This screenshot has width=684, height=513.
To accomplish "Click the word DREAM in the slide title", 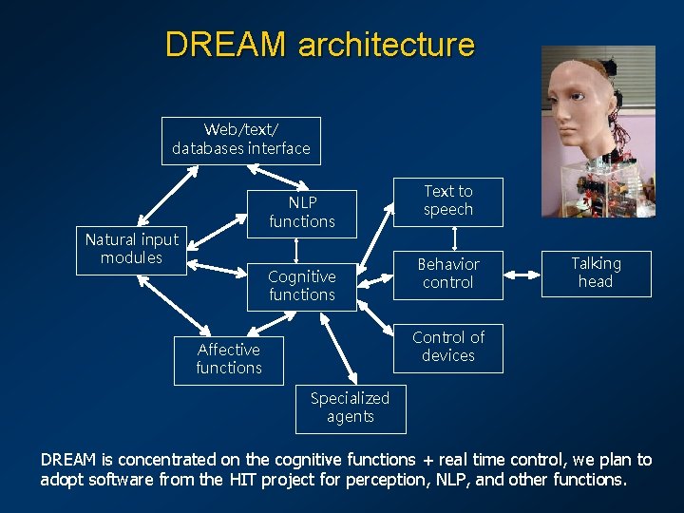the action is [225, 45].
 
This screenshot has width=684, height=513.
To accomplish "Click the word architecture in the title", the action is [386, 45].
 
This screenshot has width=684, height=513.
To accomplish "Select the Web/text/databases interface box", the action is [241, 140].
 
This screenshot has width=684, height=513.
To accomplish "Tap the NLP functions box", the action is [302, 213].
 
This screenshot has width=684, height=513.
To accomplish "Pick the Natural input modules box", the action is [131, 250].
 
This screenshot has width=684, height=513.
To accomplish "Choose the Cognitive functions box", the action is [302, 286].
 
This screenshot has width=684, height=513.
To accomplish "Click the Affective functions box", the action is [229, 359].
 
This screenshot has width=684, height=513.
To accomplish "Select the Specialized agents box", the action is [350, 408].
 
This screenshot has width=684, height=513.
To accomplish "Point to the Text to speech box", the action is [448, 200].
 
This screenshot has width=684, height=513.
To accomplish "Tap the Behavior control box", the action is [448, 274].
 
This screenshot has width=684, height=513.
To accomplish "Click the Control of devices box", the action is [448, 347].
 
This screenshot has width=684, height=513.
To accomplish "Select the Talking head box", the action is [596, 274].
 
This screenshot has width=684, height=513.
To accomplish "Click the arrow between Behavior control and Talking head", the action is [522, 275].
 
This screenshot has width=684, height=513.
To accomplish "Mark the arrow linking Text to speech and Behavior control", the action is [455, 237].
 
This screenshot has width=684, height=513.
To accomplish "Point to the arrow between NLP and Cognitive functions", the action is [297, 249].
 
